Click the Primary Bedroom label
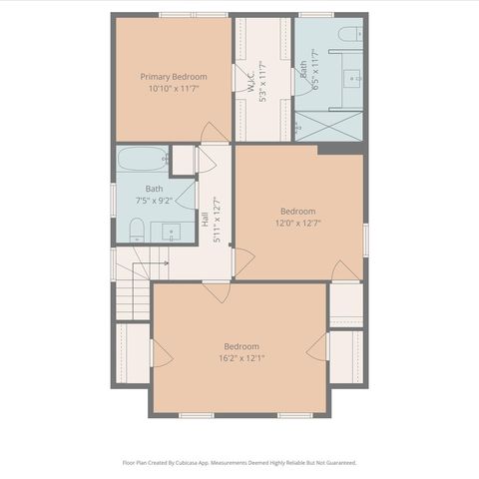(x=173, y=77)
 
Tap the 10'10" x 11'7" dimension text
(x=173, y=88)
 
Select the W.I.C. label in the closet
(x=250, y=80)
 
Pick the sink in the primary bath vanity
(x=353, y=76)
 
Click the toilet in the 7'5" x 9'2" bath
(x=136, y=232)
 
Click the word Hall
(x=204, y=220)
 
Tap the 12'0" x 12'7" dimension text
(x=297, y=223)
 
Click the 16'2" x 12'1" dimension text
(x=241, y=358)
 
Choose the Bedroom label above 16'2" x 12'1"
(x=241, y=346)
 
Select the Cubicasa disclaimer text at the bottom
(x=239, y=463)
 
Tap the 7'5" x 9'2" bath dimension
(x=154, y=200)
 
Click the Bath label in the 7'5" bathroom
(x=154, y=189)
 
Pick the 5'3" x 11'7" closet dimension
(x=262, y=80)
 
